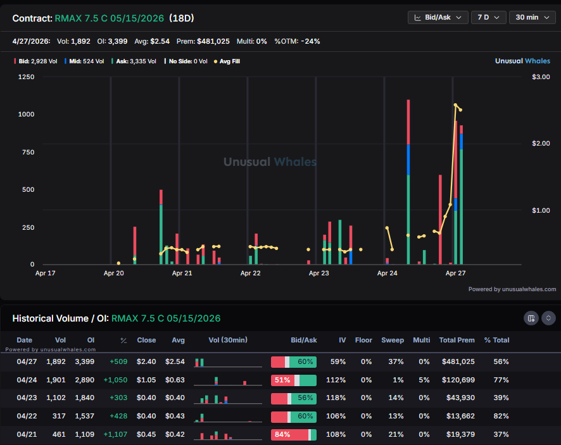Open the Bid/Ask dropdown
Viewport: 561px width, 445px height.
tap(438, 17)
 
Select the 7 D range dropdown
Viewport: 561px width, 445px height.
tap(489, 17)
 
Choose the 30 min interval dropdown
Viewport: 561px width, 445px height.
tap(533, 17)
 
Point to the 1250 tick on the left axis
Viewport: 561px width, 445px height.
tap(26, 77)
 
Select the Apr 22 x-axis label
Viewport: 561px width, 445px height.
tap(250, 273)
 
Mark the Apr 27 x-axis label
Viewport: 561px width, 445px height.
tap(456, 273)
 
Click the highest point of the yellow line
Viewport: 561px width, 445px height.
tap(455, 105)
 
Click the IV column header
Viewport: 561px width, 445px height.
tap(342, 340)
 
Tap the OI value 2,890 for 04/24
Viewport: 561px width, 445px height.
tap(83, 380)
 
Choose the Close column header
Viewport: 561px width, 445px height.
tap(146, 340)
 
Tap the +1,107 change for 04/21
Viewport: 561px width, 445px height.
tap(115, 435)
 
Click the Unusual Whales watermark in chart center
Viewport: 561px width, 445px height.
tap(270, 162)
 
